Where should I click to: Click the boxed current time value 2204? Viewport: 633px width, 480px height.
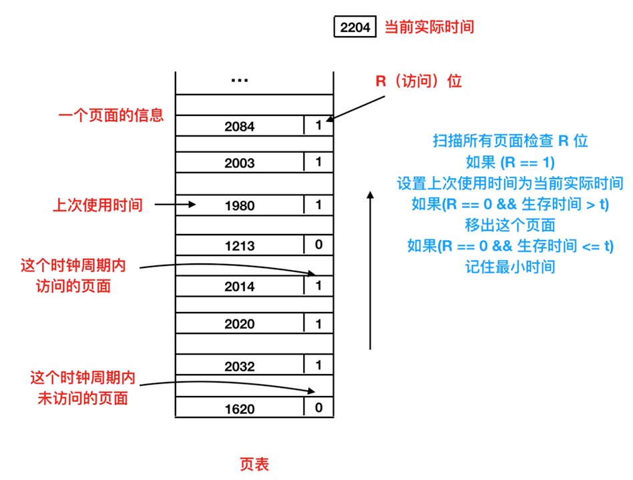pyautogui.click(x=355, y=28)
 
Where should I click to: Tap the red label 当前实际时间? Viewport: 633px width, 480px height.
pyautogui.click(x=429, y=28)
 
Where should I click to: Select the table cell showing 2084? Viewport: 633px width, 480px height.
pyautogui.click(x=240, y=126)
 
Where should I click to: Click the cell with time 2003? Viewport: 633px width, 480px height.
pyautogui.click(x=240, y=163)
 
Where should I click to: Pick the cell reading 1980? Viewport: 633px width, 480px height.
pyautogui.click(x=240, y=206)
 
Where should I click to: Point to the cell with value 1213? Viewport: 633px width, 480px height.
pyautogui.click(x=240, y=245)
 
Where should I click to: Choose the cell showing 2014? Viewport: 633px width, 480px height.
pyautogui.click(x=240, y=287)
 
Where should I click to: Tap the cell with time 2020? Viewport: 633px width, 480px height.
pyautogui.click(x=240, y=325)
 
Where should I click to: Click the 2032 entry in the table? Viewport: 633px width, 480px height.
pyautogui.click(x=240, y=367)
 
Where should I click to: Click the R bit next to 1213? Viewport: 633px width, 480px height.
pyautogui.click(x=319, y=245)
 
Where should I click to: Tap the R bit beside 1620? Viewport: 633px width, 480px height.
pyautogui.click(x=319, y=407)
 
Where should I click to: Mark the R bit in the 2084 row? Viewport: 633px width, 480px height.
pyautogui.click(x=319, y=125)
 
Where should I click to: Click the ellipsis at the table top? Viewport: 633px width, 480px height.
pyautogui.click(x=239, y=81)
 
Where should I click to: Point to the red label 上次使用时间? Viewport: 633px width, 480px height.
pyautogui.click(x=97, y=205)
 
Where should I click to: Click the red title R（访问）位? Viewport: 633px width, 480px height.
pyautogui.click(x=419, y=81)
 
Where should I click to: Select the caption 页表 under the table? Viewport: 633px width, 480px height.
pyautogui.click(x=254, y=464)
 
